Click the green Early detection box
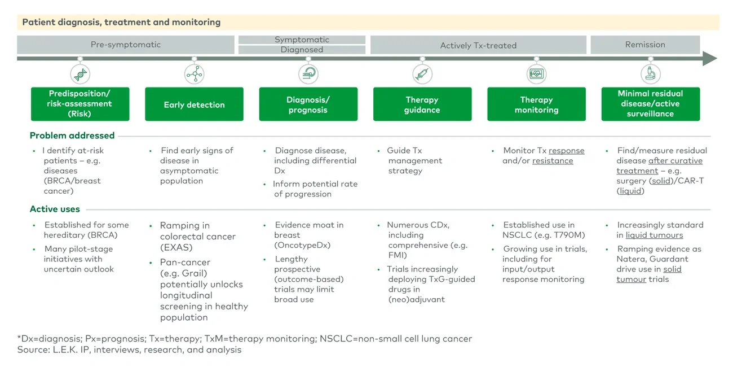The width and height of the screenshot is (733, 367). click(194, 104)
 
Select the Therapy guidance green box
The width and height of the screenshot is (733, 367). click(422, 104)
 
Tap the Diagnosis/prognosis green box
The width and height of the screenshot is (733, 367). click(308, 104)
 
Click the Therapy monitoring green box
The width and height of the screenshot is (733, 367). click(536, 104)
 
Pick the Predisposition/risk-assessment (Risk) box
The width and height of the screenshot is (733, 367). click(80, 104)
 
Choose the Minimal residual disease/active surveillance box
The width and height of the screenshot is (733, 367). click(650, 104)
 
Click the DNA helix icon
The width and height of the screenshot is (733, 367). click(80, 74)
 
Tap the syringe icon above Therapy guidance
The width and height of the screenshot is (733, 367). click(422, 74)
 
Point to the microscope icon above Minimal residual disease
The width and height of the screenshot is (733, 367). click(650, 74)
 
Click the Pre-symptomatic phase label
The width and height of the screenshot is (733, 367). click(126, 45)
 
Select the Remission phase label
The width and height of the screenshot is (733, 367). click(645, 45)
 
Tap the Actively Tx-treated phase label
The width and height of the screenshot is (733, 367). click(478, 45)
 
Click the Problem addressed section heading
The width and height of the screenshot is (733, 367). click(72, 136)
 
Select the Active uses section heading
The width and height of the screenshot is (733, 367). click(55, 209)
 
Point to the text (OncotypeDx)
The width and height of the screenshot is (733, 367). click(302, 245)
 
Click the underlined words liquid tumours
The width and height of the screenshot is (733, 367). click(654, 235)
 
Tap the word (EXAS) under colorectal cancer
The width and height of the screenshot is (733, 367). click(176, 247)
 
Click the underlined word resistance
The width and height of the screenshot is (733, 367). click(552, 161)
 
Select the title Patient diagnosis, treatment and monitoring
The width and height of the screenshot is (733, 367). click(121, 23)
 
